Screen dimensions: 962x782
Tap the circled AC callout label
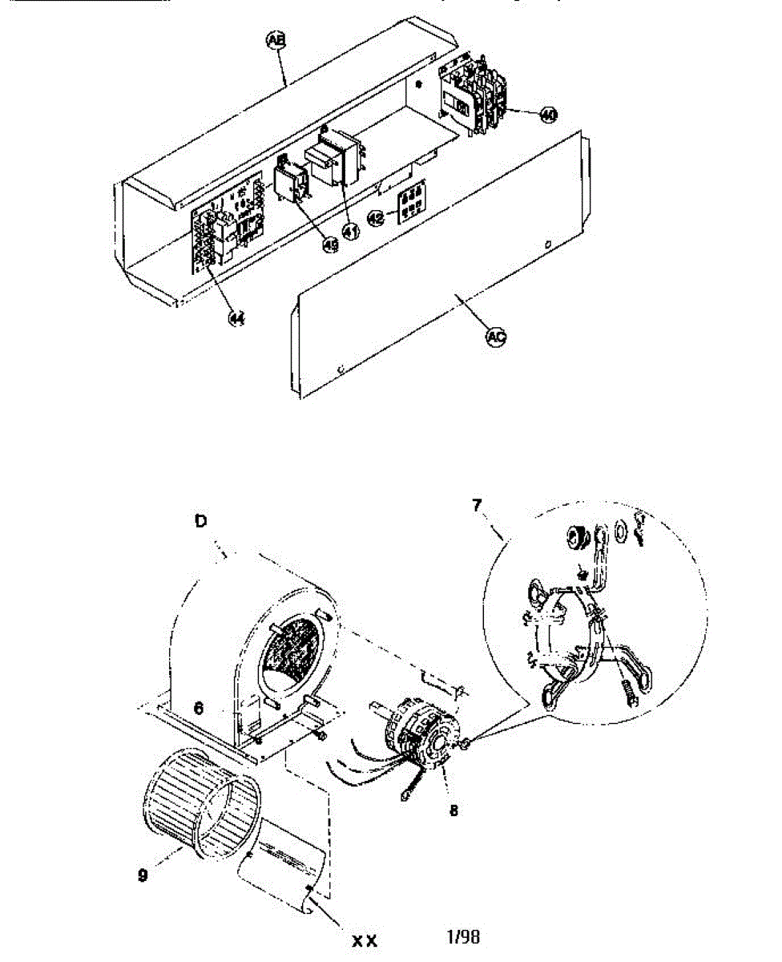[496, 338]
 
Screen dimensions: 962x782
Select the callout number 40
[547, 115]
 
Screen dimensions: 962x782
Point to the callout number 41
[350, 231]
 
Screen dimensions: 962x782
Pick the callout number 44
[236, 318]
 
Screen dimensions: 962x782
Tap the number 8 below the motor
[453, 810]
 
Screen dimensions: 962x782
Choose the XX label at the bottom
[365, 940]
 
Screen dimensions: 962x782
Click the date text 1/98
[466, 936]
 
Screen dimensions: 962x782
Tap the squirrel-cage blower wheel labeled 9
[198, 806]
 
